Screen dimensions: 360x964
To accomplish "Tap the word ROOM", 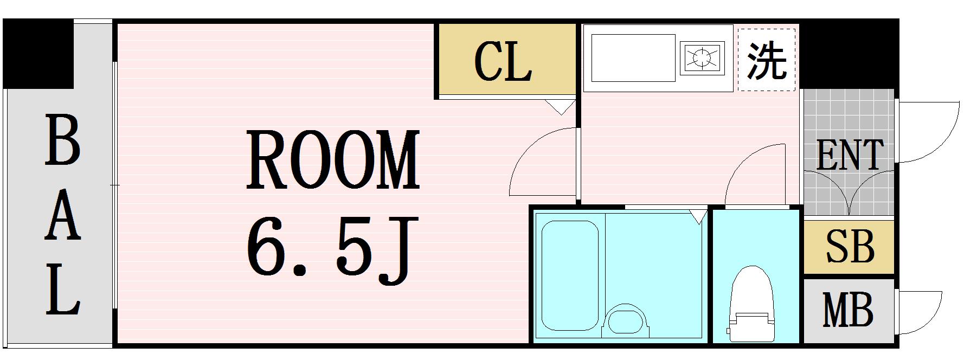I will [333, 160].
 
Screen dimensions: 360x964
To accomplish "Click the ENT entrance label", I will [849, 155].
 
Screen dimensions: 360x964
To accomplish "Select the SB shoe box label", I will [849, 247].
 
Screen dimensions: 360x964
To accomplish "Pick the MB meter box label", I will [848, 310].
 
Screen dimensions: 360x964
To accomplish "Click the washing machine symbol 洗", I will [767, 60].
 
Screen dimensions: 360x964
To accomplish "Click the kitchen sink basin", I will [633, 58].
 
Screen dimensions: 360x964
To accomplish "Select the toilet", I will [751, 303].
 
